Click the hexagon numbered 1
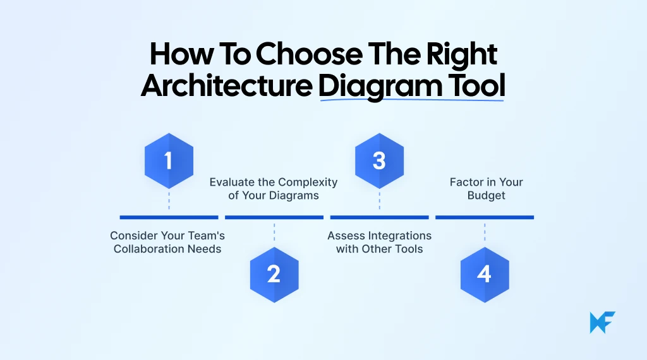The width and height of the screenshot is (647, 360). click(168, 160)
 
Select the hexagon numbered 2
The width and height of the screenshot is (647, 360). click(274, 275)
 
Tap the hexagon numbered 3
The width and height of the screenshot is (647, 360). click(379, 160)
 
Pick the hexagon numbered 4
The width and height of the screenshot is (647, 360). click(485, 275)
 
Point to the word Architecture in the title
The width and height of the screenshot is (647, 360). click(226, 86)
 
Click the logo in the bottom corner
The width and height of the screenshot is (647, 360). click(602, 322)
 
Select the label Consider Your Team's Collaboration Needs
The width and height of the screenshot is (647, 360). click(167, 242)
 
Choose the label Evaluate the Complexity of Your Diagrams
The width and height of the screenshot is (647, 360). click(274, 189)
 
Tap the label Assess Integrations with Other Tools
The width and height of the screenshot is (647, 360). click(379, 242)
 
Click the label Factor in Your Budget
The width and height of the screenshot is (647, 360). click(486, 189)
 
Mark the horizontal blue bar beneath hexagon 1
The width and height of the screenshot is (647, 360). click(169, 217)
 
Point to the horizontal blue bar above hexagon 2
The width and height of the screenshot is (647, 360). click(274, 217)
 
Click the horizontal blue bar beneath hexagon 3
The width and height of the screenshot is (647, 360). click(379, 217)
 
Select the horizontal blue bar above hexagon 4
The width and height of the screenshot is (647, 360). click(485, 217)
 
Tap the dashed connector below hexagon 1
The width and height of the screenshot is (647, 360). click(169, 200)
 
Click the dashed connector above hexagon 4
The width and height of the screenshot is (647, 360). click(485, 232)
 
